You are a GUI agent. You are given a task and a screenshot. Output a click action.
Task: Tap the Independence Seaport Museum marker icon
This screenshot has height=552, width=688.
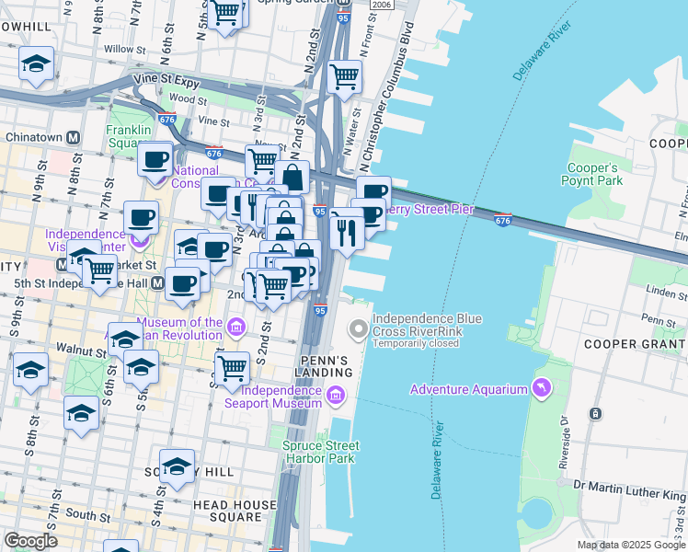click(336, 397)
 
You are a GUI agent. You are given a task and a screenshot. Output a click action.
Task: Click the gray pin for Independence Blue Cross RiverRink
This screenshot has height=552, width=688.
click(358, 328)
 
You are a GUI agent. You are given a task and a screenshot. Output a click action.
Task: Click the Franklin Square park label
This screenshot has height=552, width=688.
click(128, 136)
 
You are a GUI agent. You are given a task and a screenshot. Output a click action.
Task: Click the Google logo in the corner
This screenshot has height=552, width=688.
click(30, 541)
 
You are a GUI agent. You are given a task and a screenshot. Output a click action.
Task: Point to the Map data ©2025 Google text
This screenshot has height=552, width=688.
click(631, 545)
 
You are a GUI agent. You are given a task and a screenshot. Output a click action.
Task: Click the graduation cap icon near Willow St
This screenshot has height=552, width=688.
click(36, 63)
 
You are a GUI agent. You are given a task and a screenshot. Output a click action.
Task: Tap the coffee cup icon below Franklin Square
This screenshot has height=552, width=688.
click(155, 160)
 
